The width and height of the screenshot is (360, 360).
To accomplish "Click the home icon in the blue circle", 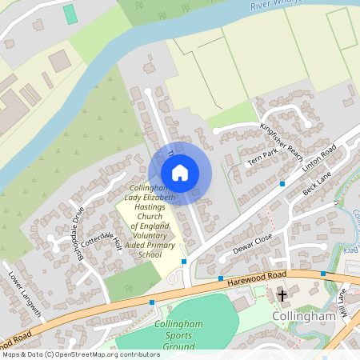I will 180,173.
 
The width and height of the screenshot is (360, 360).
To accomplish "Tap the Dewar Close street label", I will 254,241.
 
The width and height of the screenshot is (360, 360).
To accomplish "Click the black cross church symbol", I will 282,296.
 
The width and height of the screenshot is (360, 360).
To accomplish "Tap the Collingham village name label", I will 302,317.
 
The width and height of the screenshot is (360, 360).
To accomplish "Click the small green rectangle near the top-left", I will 70,14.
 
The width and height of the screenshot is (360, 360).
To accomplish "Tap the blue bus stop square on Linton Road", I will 282,184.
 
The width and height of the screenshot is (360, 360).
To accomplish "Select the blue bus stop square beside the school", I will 184,262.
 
